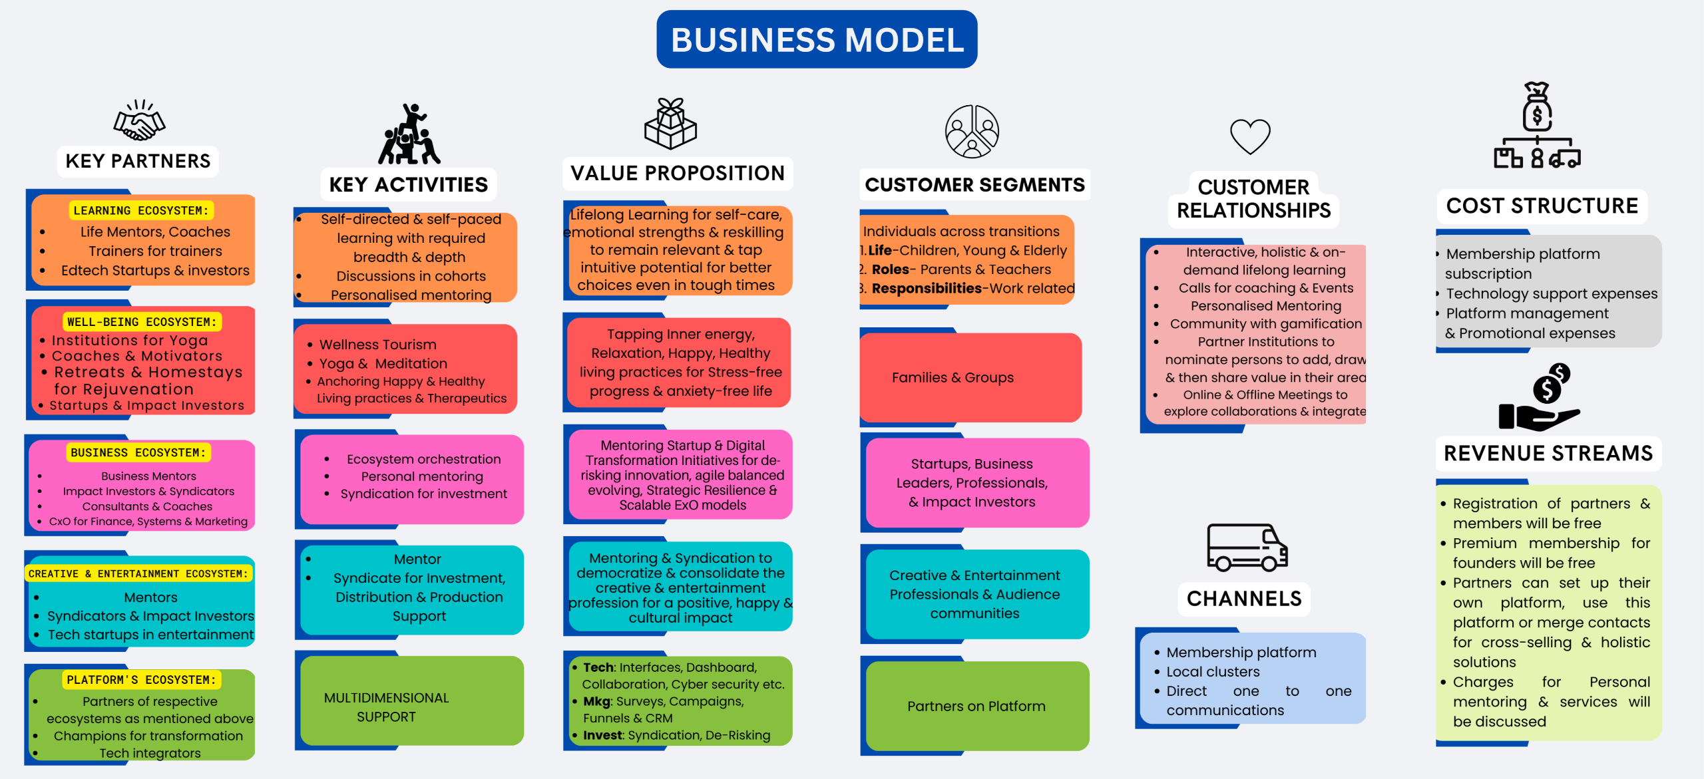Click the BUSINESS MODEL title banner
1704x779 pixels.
click(817, 39)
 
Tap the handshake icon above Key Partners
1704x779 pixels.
click(139, 120)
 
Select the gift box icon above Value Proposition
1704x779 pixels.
click(670, 124)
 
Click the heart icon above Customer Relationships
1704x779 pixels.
click(1250, 136)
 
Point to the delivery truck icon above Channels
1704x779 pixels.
click(1247, 547)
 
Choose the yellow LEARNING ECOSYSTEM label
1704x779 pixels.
click(140, 211)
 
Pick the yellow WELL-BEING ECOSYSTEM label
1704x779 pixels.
click(141, 322)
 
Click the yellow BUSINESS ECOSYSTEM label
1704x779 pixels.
click(138, 453)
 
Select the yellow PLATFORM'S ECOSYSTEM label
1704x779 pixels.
click(141, 680)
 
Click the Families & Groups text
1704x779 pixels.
click(953, 378)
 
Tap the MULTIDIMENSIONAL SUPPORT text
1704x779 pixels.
click(386, 707)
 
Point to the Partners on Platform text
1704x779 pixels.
click(976, 706)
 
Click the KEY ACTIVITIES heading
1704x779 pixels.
click(409, 185)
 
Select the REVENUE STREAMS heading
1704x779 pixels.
click(1548, 454)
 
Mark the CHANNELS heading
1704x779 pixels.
click(1244, 599)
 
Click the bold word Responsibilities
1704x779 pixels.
click(927, 289)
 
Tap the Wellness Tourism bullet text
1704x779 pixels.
click(377, 345)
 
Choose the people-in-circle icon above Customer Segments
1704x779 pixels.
click(972, 131)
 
